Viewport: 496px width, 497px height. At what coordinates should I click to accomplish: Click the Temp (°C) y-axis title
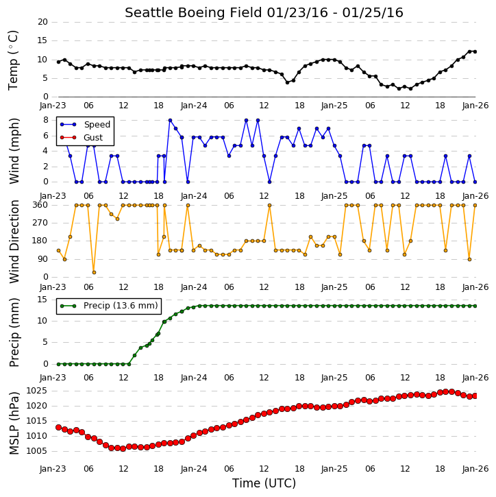(x=13, y=60)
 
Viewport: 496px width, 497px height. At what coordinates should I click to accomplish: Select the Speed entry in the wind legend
(x=85, y=124)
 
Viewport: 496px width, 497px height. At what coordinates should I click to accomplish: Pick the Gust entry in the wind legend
(x=81, y=138)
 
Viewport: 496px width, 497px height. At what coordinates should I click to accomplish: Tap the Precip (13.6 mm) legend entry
(x=109, y=306)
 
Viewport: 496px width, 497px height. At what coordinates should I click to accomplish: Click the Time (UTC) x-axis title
(x=264, y=483)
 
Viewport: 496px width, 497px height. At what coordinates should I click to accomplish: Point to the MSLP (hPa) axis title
(x=14, y=423)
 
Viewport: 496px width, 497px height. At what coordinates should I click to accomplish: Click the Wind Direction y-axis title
(x=14, y=241)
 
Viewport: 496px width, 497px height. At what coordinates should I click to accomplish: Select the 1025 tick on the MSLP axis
(x=36, y=391)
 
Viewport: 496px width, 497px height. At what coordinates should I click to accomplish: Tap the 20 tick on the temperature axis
(x=42, y=22)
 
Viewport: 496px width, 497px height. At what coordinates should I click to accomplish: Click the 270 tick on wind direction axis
(x=40, y=223)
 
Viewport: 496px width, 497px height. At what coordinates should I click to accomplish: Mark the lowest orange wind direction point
(x=94, y=272)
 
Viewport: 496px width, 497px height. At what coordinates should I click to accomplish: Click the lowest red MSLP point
(x=123, y=448)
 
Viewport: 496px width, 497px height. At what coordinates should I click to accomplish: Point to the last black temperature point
(x=475, y=51)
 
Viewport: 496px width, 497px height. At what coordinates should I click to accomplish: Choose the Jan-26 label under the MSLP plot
(x=475, y=468)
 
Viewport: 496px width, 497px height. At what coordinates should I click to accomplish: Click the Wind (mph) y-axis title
(x=14, y=151)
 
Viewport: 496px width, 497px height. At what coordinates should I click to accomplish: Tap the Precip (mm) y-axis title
(x=14, y=332)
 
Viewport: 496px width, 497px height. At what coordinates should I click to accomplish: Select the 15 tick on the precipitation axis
(x=42, y=299)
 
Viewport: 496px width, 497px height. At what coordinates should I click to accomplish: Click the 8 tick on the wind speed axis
(x=46, y=120)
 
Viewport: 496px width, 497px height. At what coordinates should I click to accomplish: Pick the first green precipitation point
(x=59, y=364)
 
